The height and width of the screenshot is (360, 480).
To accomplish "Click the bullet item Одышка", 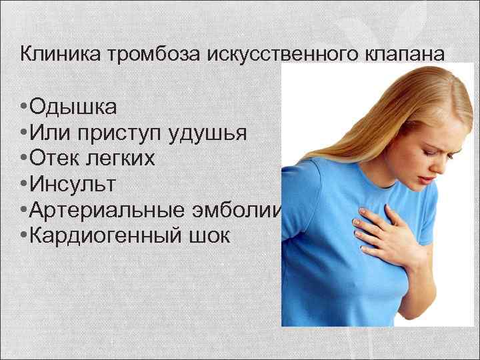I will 73,107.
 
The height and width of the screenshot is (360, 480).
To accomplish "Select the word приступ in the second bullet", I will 119,133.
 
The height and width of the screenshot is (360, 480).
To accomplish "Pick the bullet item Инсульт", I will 77,185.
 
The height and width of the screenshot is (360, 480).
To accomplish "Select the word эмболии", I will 241,211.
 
